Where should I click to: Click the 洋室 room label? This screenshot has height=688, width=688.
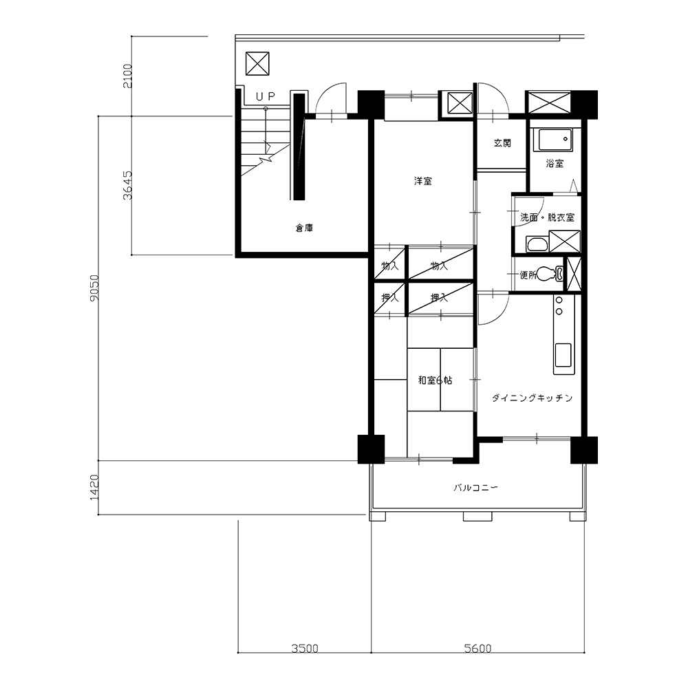423,181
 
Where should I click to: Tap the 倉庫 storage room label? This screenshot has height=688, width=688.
304,228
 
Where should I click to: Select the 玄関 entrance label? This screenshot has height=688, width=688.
502,142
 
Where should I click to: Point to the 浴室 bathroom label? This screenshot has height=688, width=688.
555,163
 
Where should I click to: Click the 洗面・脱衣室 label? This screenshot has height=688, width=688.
547,217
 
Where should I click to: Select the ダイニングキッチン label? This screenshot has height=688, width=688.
532,398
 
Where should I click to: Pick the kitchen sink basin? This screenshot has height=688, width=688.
564,354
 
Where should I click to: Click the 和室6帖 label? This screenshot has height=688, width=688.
435,380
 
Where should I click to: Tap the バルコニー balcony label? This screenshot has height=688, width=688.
475,488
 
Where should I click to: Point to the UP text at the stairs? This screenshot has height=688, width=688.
266,96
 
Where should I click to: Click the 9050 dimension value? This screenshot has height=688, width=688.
95,288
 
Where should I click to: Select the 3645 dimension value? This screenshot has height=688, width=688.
128,185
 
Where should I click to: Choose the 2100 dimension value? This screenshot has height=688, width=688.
128,76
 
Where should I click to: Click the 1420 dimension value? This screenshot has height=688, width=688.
95,487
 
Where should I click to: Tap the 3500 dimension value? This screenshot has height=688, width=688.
305,647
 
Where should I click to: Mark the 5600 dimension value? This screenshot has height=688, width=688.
478,647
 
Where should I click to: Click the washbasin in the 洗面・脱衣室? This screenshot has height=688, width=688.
537,244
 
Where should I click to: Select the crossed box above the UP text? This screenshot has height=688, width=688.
257,63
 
